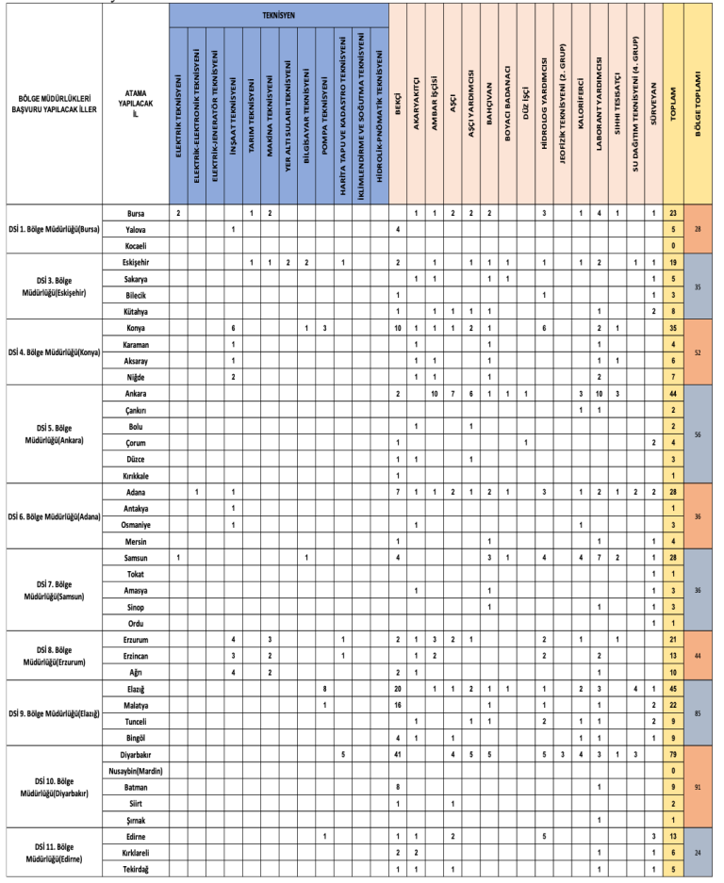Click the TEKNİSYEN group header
pyautogui.click(x=278, y=17)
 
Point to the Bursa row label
pyautogui.click(x=135, y=214)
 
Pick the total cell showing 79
pyautogui.click(x=674, y=755)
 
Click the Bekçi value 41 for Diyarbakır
pyautogui.click(x=399, y=755)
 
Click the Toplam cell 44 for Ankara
pyautogui.click(x=674, y=392)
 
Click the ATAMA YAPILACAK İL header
pyautogui.click(x=135, y=103)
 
